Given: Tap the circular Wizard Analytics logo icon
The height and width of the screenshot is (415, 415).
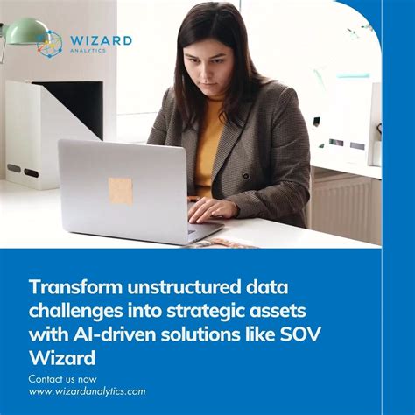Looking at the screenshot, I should click(50, 44).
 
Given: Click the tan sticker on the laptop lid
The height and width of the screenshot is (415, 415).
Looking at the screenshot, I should click(120, 190).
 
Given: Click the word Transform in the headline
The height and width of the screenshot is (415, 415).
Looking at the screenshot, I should click(71, 286).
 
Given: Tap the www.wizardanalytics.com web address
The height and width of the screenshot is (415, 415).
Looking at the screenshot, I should click(87, 390).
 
